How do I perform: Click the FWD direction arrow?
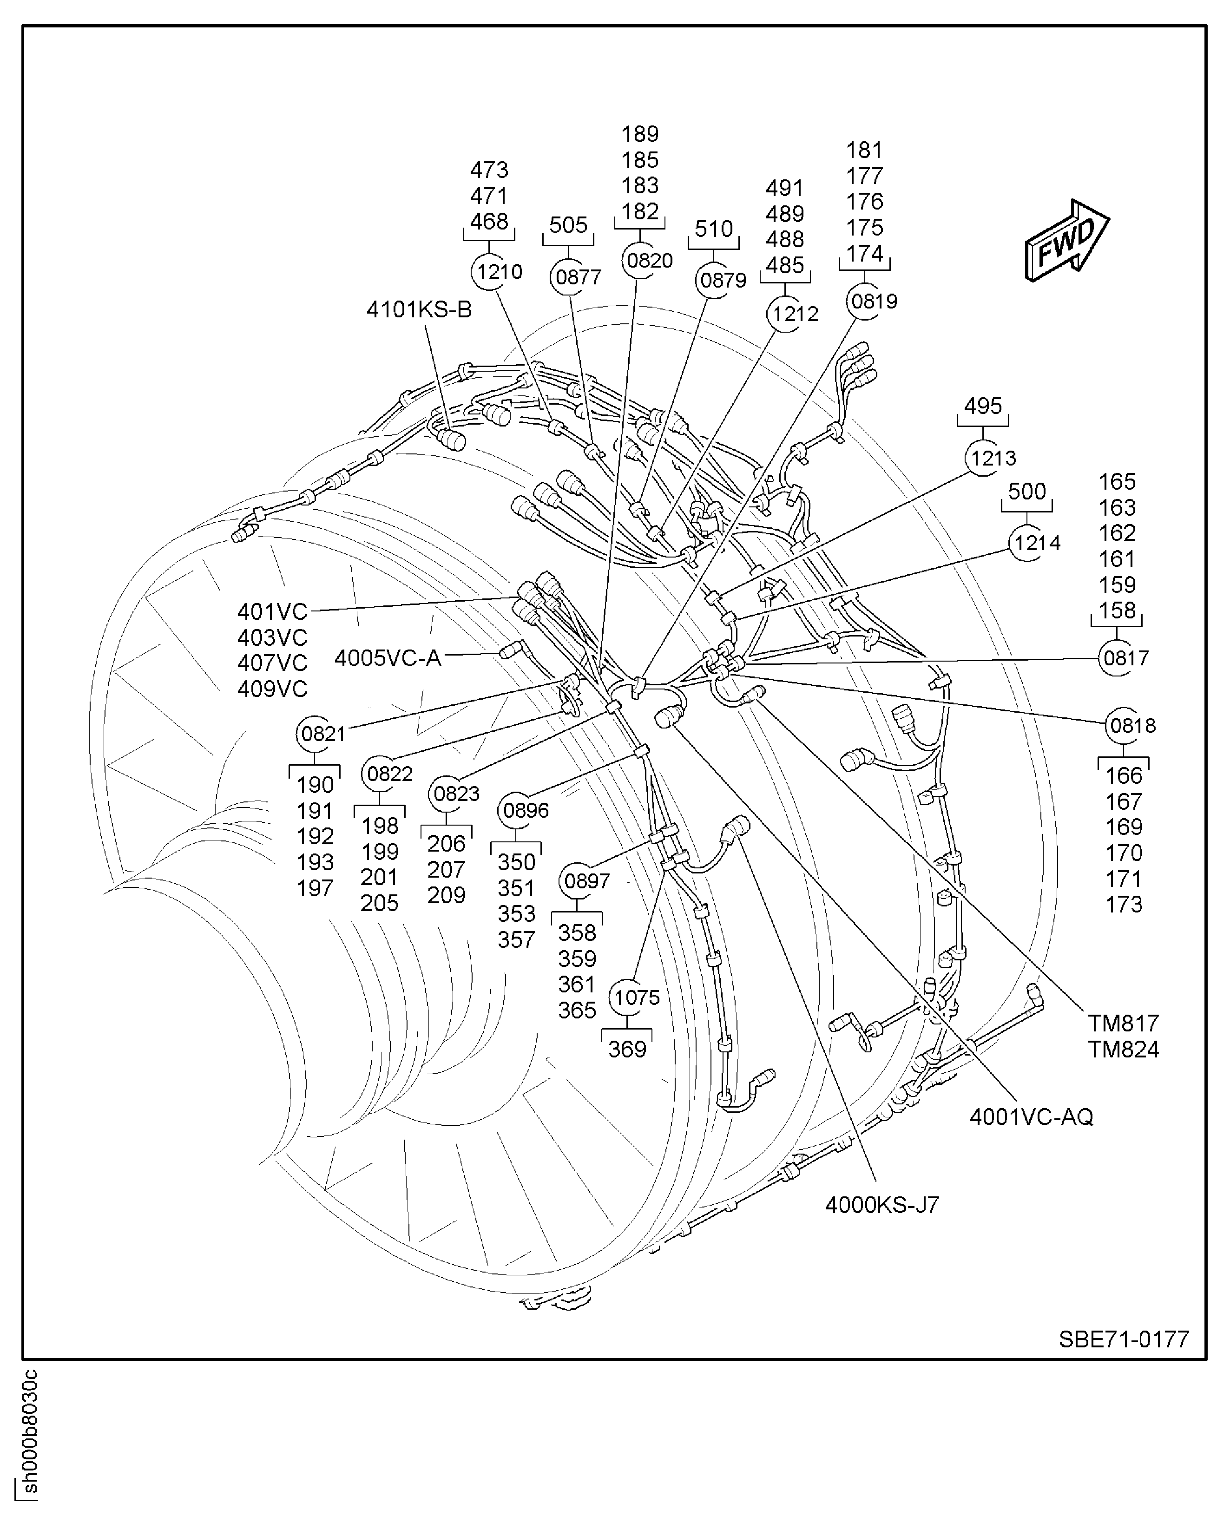pyautogui.click(x=1067, y=241)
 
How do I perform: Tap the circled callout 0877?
pyautogui.click(x=578, y=277)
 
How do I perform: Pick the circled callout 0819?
pyautogui.click(x=874, y=301)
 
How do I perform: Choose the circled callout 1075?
pyautogui.click(x=636, y=998)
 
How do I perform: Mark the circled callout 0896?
pyautogui.click(x=525, y=810)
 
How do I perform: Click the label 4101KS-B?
pyautogui.click(x=419, y=309)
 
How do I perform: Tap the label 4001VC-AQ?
pyautogui.click(x=1032, y=1116)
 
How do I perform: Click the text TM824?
pyautogui.click(x=1124, y=1049)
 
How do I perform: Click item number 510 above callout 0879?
pyautogui.click(x=713, y=229)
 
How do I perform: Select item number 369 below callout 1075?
pyautogui.click(x=627, y=1049)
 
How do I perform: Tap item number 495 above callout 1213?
pyautogui.click(x=983, y=406)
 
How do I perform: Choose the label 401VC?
pyautogui.click(x=273, y=611)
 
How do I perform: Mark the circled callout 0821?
pyautogui.click(x=323, y=733)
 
